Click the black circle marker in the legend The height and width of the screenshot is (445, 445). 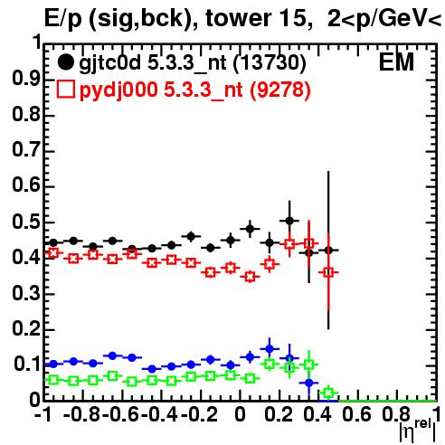(65, 62)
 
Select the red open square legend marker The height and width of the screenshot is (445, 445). (66, 90)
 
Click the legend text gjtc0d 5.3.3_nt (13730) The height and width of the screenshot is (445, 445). (193, 63)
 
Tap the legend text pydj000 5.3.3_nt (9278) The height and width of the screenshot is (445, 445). (195, 90)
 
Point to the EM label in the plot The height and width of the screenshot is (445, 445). (396, 62)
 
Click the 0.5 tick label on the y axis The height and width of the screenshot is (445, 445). (26, 222)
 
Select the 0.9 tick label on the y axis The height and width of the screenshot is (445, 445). (26, 79)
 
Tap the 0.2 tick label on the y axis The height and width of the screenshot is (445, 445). (26, 329)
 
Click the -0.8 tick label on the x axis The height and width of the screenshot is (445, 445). (82, 414)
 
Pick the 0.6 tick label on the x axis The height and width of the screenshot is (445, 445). (356, 414)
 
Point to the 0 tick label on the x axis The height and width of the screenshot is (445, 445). (240, 414)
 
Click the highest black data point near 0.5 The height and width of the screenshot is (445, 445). (289, 221)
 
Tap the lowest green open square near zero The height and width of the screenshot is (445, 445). (328, 393)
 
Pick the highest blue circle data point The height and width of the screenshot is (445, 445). (270, 349)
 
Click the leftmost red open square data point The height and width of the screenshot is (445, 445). (53, 253)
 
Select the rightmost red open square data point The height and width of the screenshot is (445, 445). (328, 272)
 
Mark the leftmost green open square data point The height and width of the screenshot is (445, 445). (53, 380)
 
